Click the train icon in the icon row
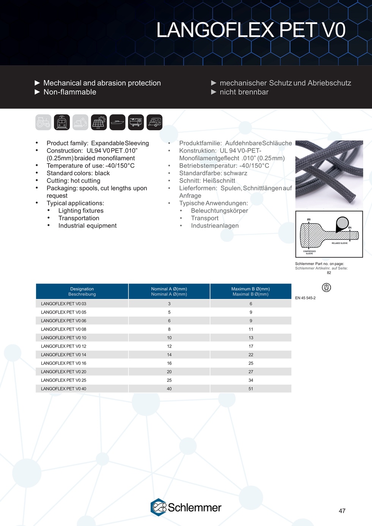62,122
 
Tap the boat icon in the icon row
117,122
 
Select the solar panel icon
99,122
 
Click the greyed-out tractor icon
43,122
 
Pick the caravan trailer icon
154,122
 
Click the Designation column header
82,291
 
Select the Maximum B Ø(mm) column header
251,291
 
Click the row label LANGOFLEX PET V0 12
64,346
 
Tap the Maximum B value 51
251,389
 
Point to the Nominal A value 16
169,363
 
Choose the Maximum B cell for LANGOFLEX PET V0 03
251,304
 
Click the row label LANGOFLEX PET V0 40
64,389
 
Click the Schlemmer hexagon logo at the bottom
159,507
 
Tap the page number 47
342,511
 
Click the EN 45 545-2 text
305,298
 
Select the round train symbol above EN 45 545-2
326,287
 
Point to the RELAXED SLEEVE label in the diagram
340,243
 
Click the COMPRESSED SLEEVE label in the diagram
309,252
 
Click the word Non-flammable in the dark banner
70,92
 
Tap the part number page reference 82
329,273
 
